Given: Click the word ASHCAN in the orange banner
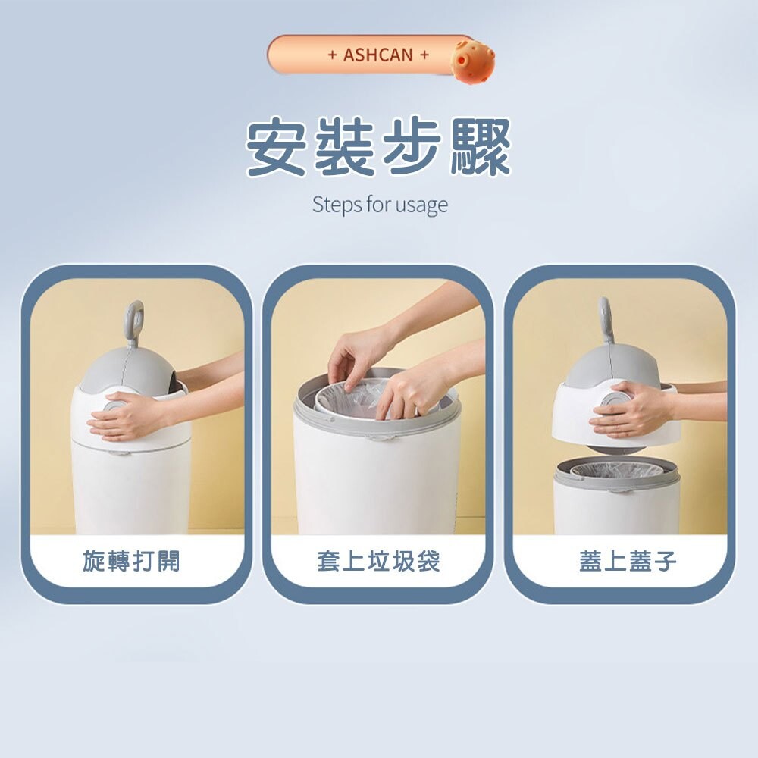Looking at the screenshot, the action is [378, 55].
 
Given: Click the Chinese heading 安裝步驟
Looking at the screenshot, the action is [379, 147].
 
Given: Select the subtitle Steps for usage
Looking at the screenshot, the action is [380, 205].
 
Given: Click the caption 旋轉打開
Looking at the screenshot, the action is [131, 561].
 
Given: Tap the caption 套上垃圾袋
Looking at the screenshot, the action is [378, 561].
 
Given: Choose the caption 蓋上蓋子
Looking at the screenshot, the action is [628, 561].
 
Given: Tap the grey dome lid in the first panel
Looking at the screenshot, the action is [130, 371].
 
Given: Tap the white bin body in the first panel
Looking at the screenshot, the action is [130, 488].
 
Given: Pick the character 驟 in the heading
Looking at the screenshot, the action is [481, 147].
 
